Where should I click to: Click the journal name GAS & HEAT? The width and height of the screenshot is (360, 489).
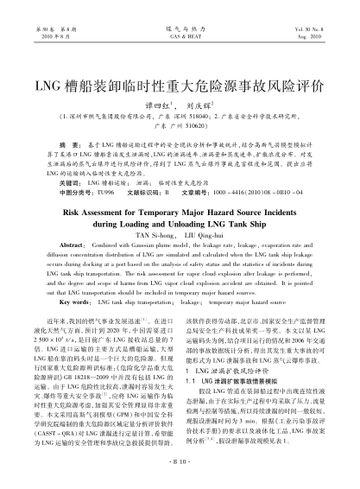point(179,38)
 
